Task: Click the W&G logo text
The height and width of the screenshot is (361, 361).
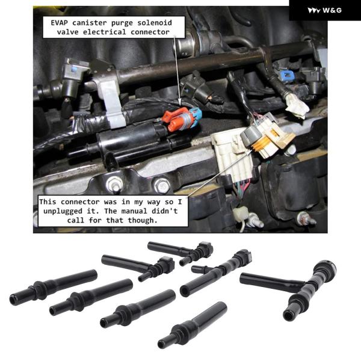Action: click(332, 10)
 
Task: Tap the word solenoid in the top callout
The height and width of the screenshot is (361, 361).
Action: click(155, 23)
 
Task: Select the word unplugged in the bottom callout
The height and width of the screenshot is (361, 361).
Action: click(63, 211)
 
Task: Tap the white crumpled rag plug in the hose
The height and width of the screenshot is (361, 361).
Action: click(297, 106)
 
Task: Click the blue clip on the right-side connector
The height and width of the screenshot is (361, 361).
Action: click(286, 76)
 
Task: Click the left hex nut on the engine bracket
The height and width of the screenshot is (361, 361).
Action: click(114, 185)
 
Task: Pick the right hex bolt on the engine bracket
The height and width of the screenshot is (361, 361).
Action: click(162, 185)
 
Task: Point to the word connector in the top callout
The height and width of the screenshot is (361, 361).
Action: click(150, 32)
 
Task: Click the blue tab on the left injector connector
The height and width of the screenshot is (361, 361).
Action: click(74, 68)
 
